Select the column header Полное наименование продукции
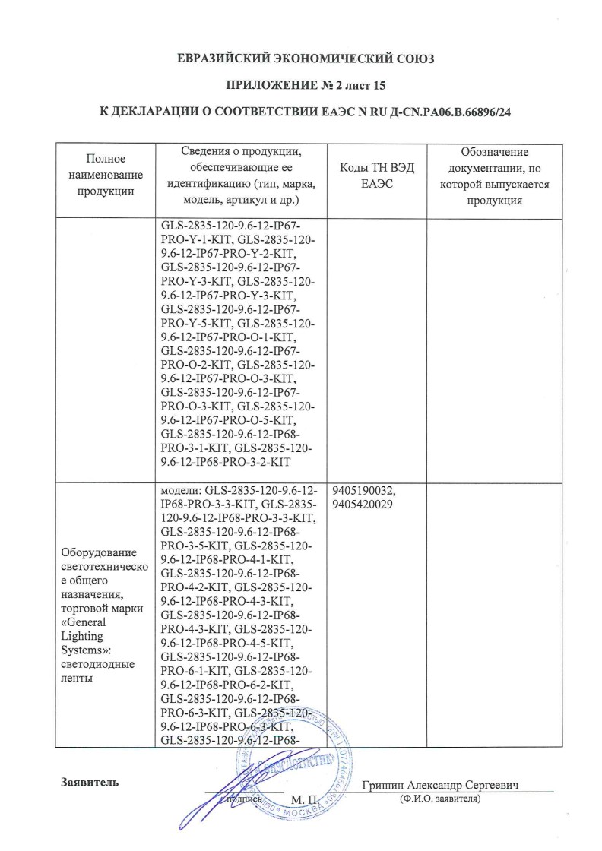coord(106,175)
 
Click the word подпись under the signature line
coord(245,800)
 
